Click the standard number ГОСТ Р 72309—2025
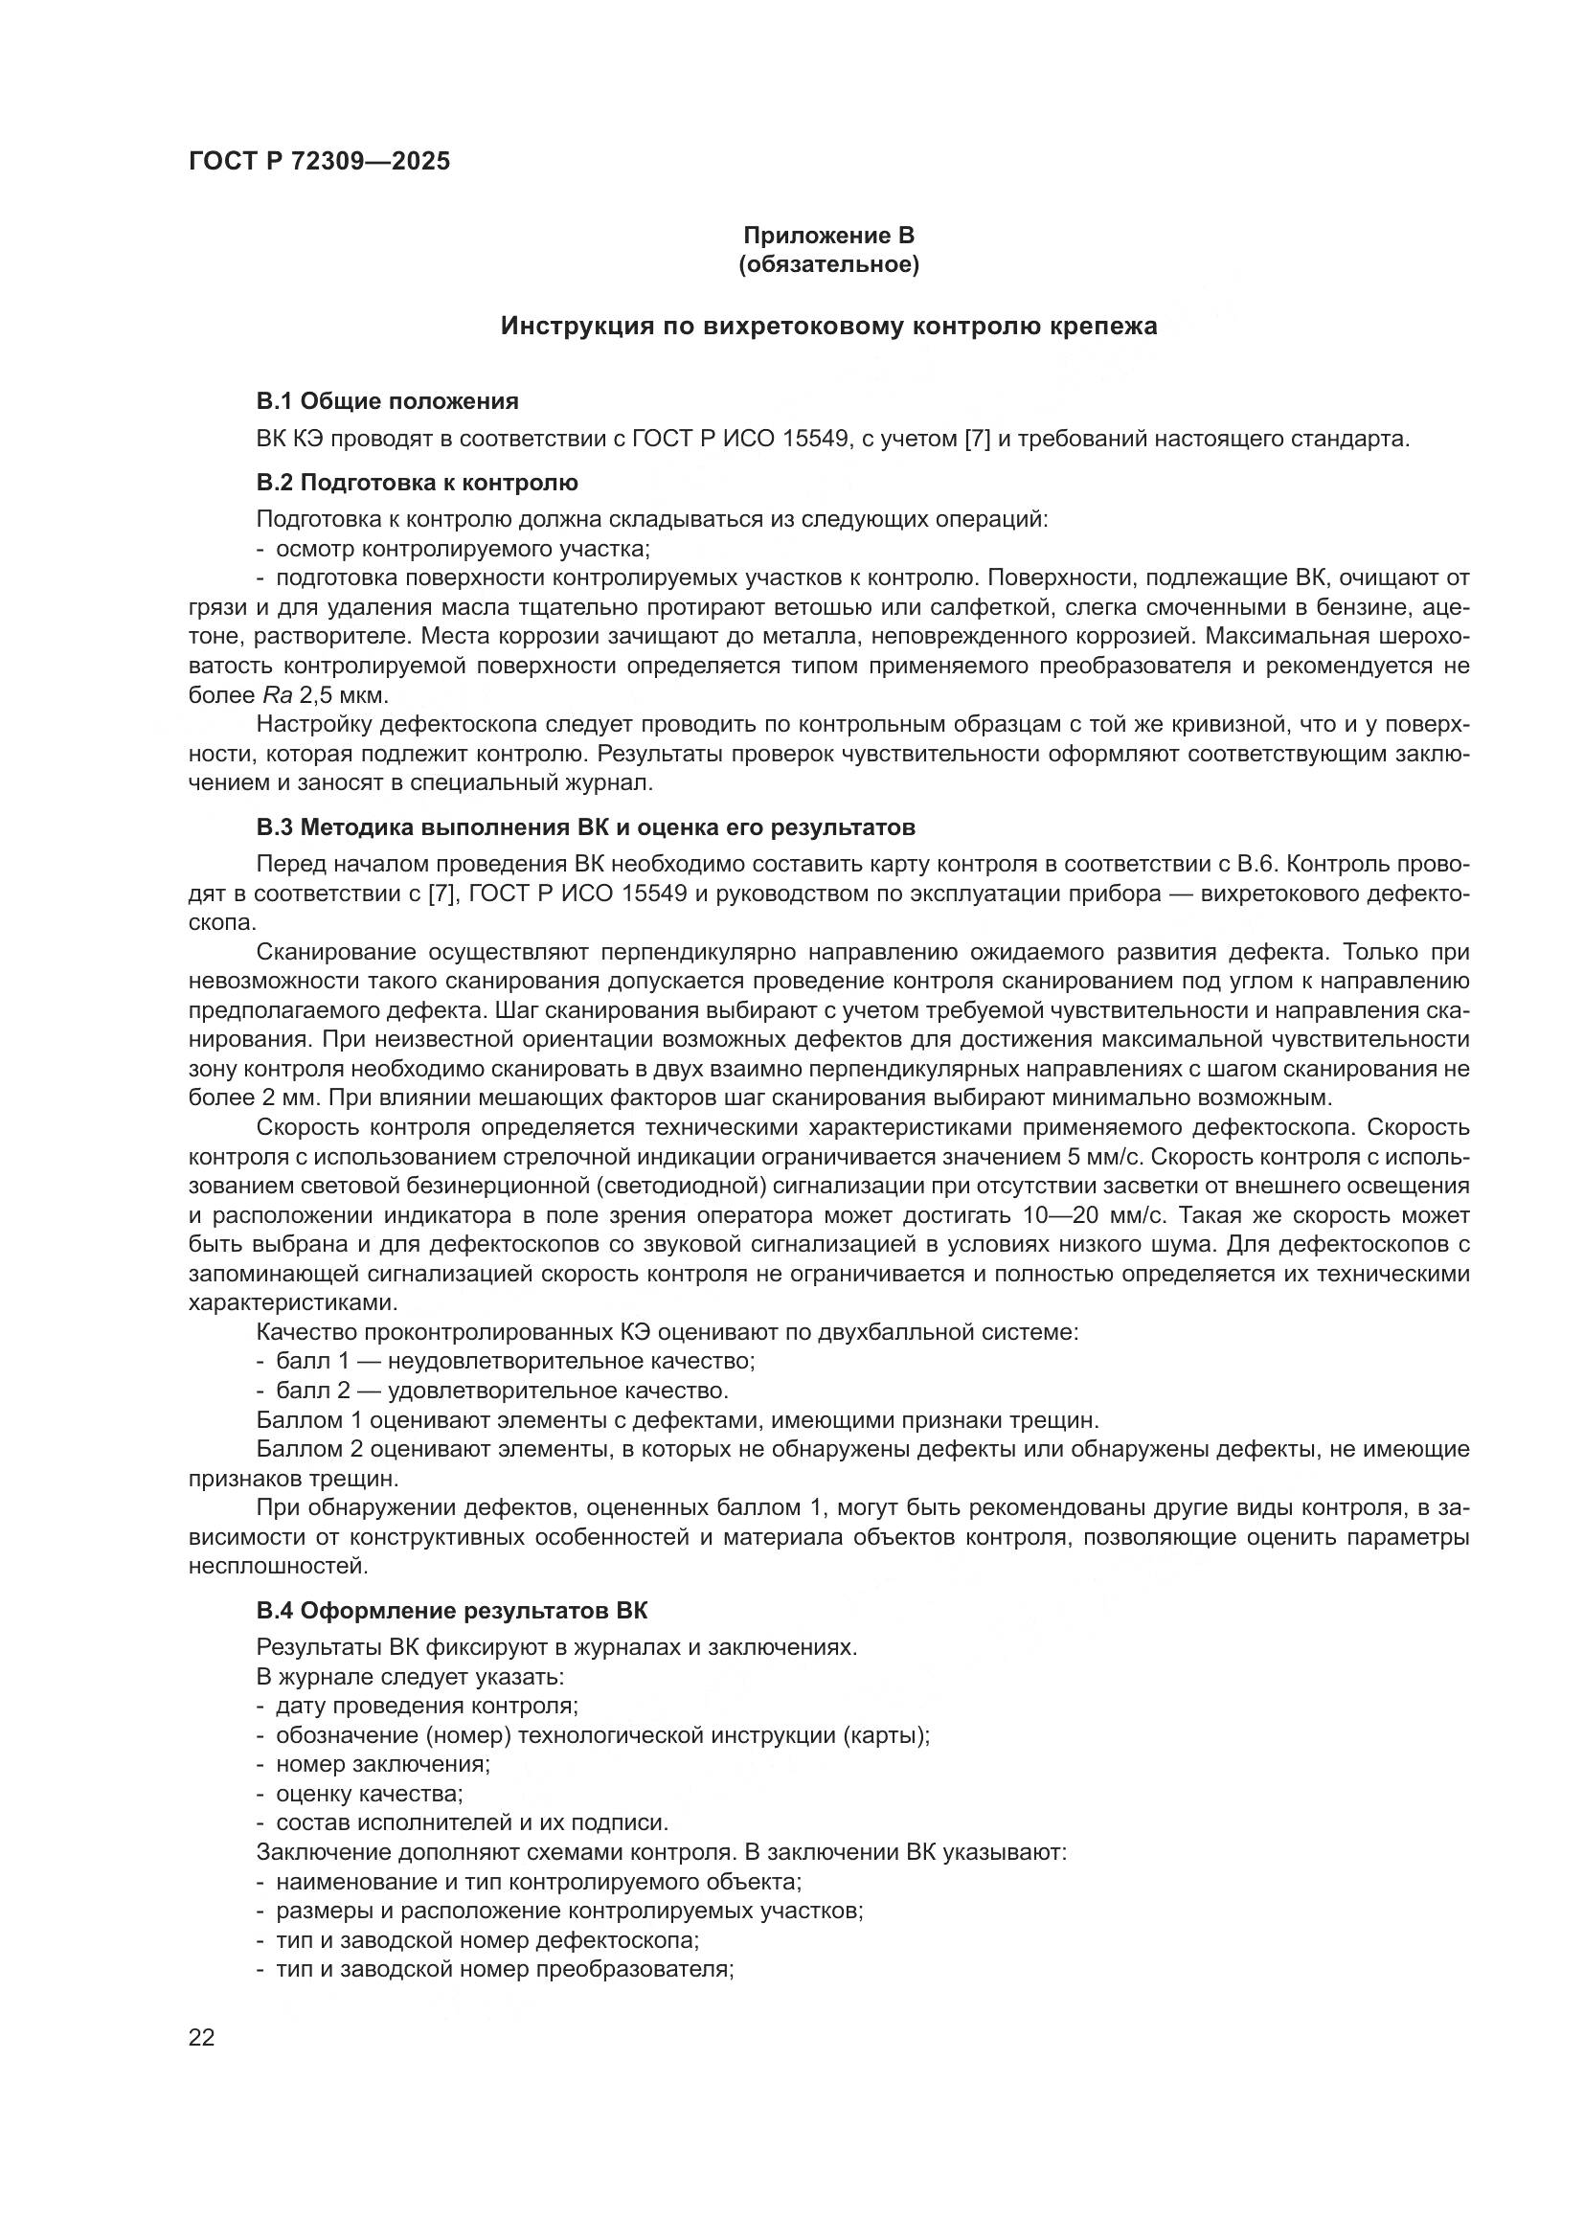pyautogui.click(x=319, y=162)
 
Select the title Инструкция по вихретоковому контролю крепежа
pyautogui.click(x=828, y=326)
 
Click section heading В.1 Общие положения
pyautogui.click(x=387, y=401)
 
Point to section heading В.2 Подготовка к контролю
pyautogui.click(x=417, y=483)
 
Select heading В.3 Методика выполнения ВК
pyautogui.click(x=585, y=828)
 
